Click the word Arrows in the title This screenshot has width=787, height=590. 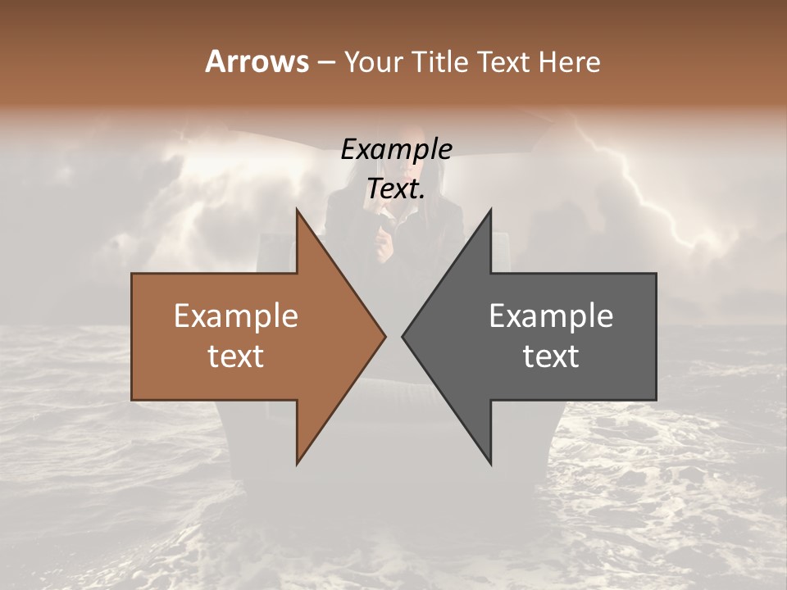point(257,61)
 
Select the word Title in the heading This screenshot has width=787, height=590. point(444,62)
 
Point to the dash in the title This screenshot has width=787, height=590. point(325,63)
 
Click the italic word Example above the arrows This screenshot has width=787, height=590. point(396,150)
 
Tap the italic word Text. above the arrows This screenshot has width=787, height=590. point(396,189)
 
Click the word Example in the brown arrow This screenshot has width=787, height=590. point(236,316)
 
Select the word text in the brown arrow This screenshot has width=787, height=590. point(236,356)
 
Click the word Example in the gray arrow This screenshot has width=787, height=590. point(551,316)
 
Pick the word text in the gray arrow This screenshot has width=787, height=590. point(551,356)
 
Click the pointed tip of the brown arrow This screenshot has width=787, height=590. point(385,336)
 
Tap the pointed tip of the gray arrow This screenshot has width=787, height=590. point(403,336)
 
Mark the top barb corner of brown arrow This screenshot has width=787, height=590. point(297,210)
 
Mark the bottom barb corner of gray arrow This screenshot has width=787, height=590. point(491,464)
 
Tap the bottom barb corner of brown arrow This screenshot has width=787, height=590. point(297,464)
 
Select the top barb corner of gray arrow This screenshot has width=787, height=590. point(491,210)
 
